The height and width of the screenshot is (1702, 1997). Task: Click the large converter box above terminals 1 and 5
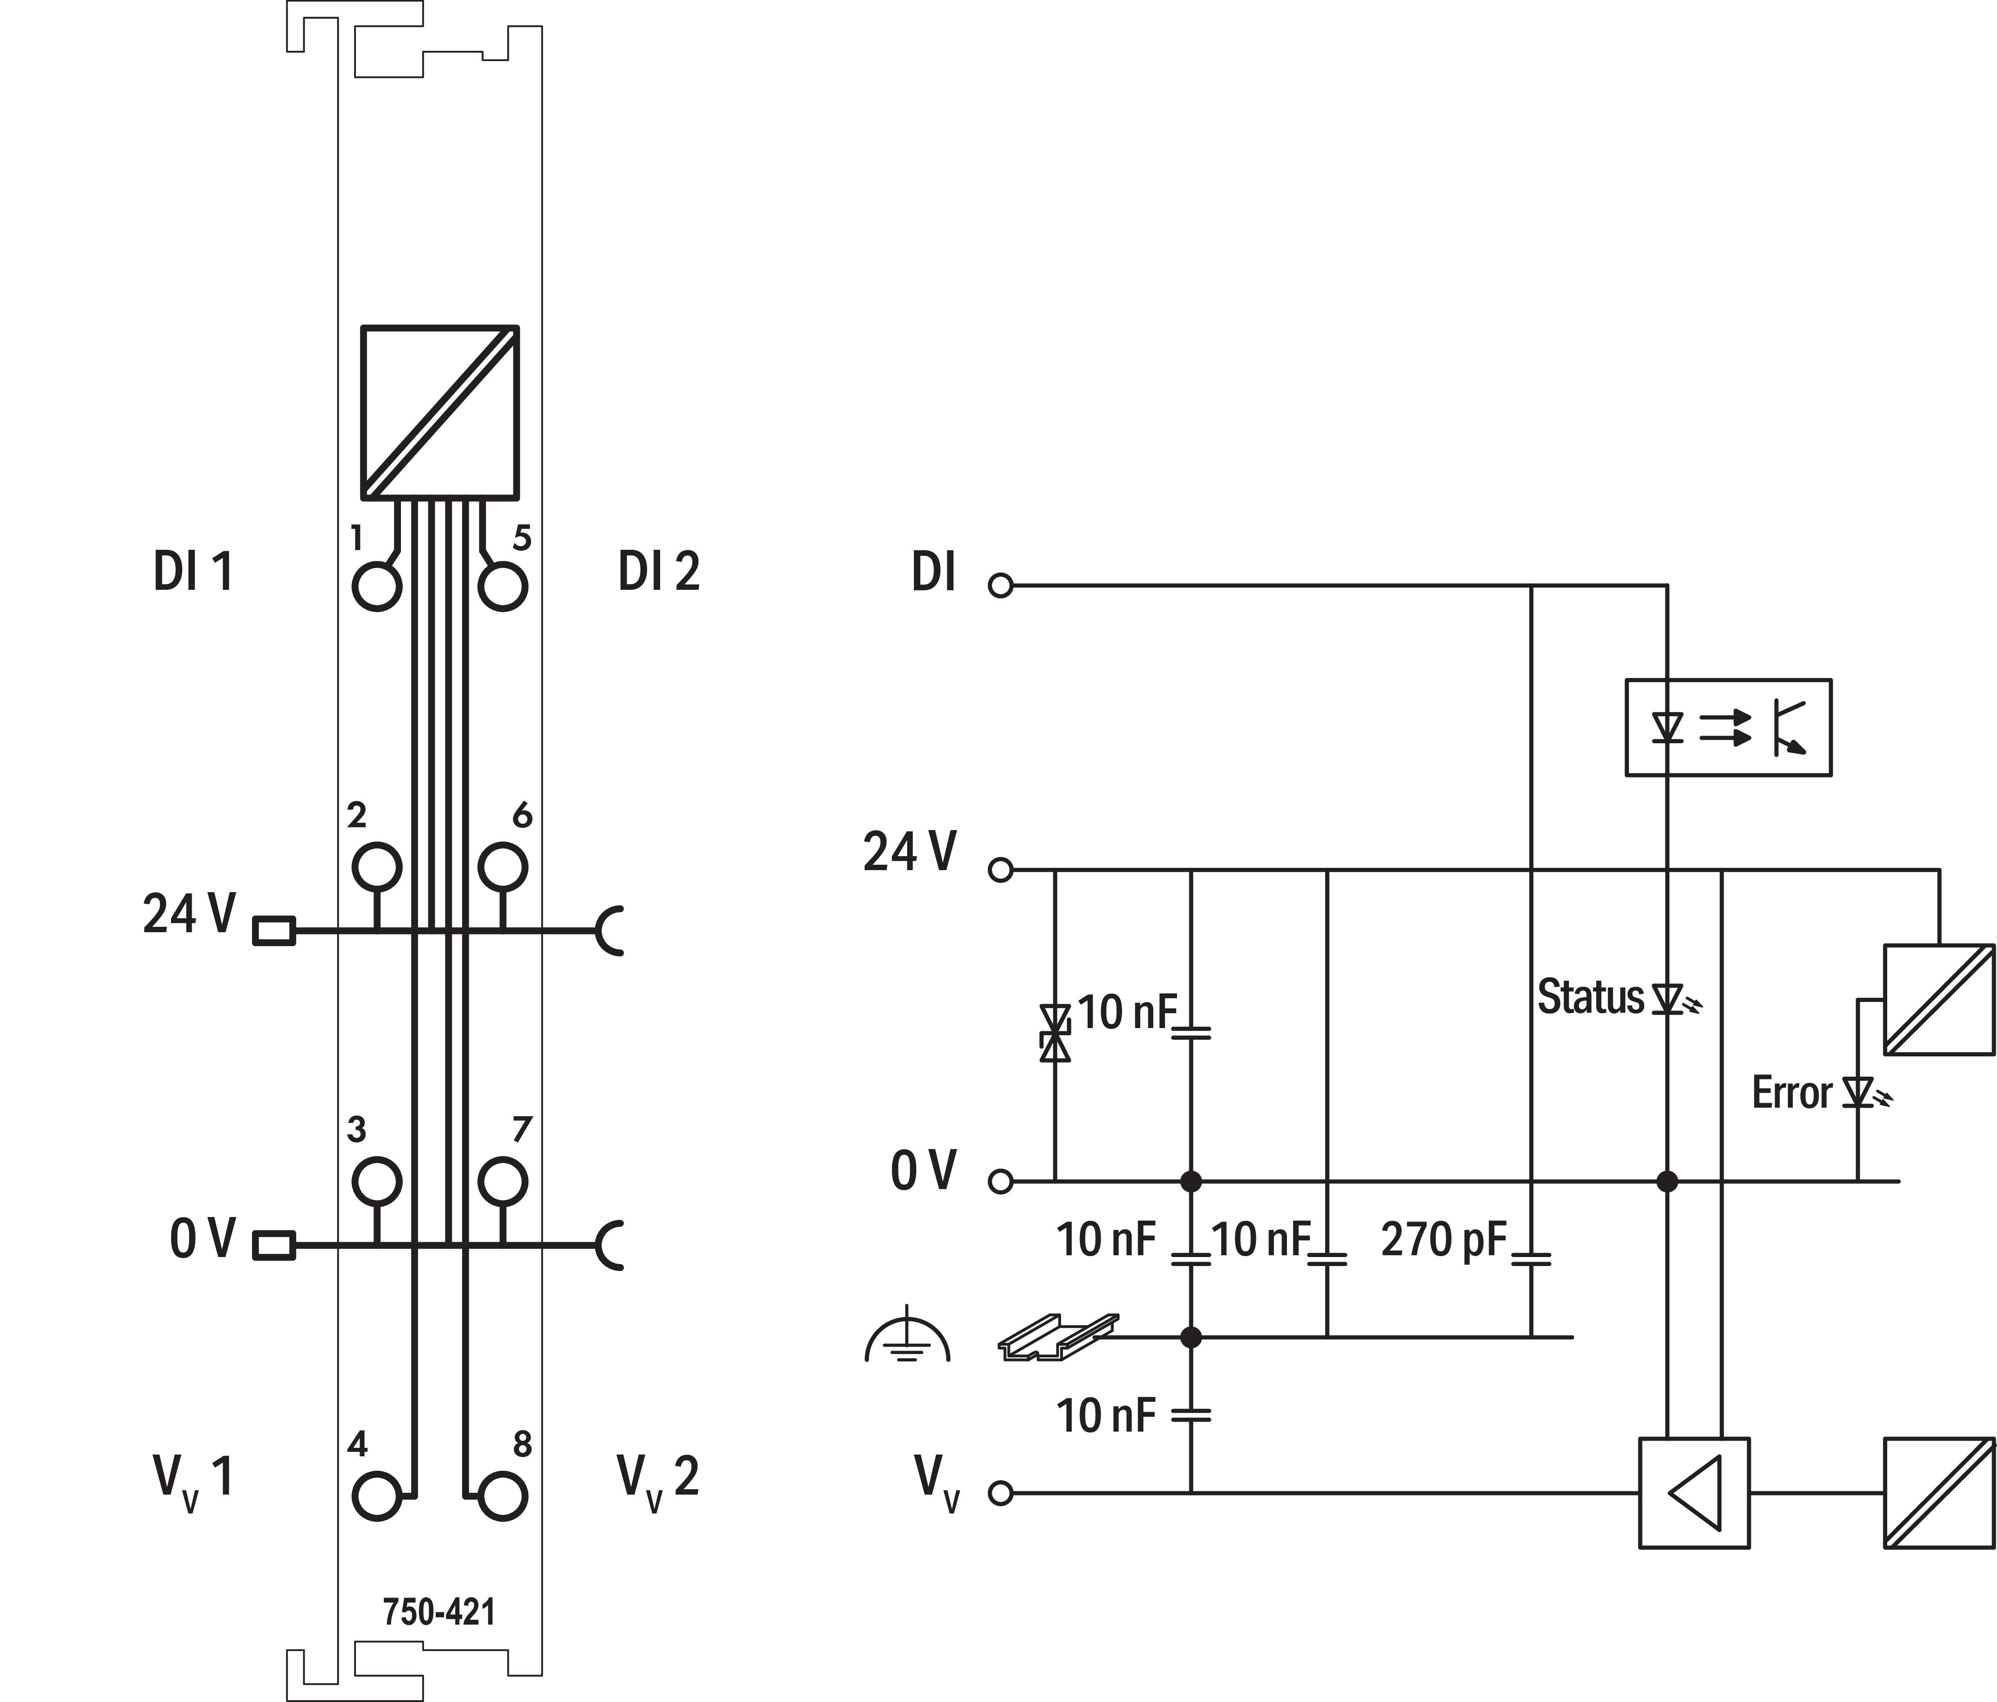click(x=440, y=413)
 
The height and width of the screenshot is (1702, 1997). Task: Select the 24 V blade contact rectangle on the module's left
click(x=274, y=931)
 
